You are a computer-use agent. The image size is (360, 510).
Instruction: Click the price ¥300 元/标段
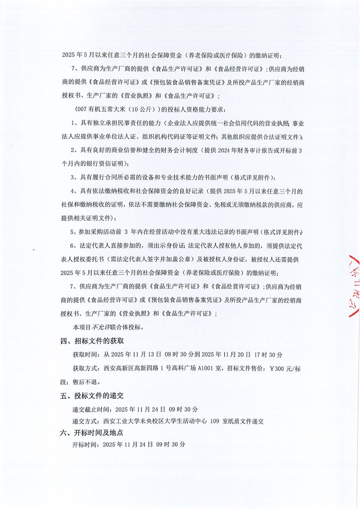287,368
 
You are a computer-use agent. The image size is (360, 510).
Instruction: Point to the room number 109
215,421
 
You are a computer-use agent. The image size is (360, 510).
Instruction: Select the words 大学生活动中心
182,421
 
